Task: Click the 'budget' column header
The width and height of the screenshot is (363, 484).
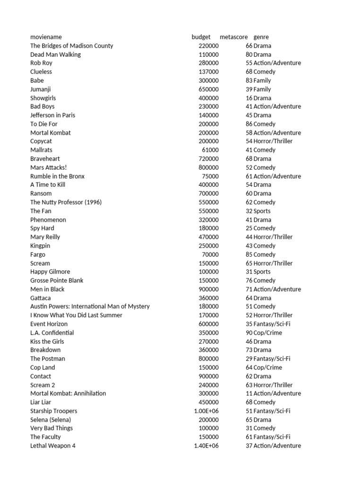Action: point(201,37)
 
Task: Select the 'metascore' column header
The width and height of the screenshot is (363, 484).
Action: point(233,37)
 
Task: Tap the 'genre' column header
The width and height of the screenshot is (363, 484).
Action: point(261,37)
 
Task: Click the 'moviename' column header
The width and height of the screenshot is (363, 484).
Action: point(46,37)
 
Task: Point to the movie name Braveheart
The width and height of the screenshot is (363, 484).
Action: point(45,159)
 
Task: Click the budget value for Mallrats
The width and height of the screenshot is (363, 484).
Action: point(210,150)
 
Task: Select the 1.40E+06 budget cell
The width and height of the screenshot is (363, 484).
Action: point(207,446)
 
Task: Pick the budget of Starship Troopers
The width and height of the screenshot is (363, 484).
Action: point(207,411)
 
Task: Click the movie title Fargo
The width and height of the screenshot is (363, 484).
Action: point(38,254)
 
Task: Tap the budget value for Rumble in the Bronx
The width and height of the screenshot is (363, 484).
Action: point(210,176)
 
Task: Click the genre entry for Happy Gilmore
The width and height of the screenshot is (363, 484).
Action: point(262,272)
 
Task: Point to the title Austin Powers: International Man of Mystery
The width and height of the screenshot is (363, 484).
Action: point(90,306)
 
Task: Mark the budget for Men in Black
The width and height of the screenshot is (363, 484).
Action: point(208,289)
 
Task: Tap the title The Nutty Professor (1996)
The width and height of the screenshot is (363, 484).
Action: point(66,202)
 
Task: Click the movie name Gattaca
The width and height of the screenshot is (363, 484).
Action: point(41,298)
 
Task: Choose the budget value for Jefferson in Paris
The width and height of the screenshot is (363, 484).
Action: point(208,115)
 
